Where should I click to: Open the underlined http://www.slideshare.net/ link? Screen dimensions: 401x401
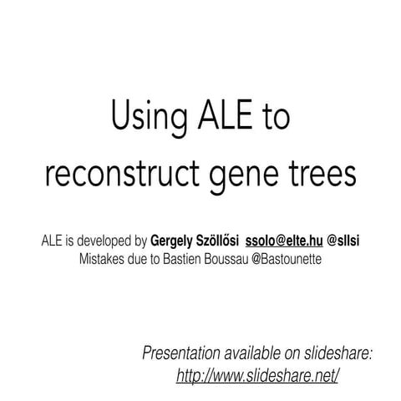pyautogui.click(x=257, y=375)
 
